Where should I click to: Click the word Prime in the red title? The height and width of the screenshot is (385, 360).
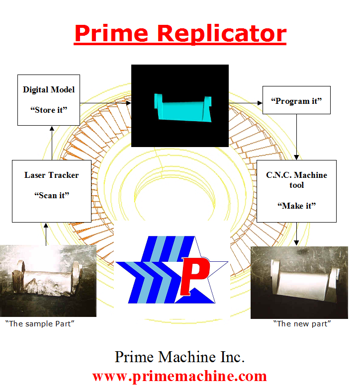pos(111,33)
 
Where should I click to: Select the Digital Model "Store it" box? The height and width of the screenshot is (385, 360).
pos(49,100)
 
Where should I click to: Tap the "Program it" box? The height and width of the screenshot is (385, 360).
pos(296,101)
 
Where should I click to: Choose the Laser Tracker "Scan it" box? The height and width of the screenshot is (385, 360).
pos(52,191)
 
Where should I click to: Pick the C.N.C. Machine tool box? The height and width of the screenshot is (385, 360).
pos(296,191)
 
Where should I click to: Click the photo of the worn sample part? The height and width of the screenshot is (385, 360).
pos(48,281)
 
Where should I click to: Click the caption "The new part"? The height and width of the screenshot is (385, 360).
pos(302,324)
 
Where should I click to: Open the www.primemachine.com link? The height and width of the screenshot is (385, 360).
pos(180,376)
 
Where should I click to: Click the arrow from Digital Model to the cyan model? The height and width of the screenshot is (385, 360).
pos(105,103)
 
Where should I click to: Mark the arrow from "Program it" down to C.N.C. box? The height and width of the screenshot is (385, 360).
pos(297,137)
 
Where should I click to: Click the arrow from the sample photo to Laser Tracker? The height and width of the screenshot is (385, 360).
pos(46,233)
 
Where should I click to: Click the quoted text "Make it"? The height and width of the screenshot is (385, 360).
pos(296,206)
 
